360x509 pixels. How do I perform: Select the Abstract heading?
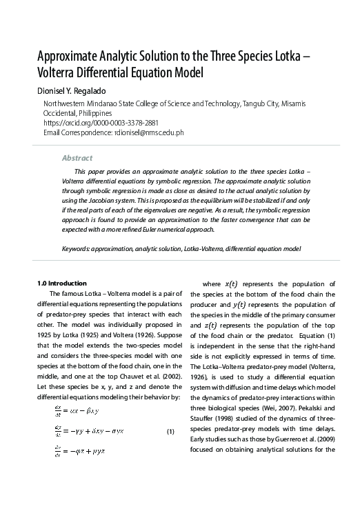coord(77,158)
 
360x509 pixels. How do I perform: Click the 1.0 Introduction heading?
coord(61,283)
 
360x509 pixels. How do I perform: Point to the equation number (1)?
coord(171,432)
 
